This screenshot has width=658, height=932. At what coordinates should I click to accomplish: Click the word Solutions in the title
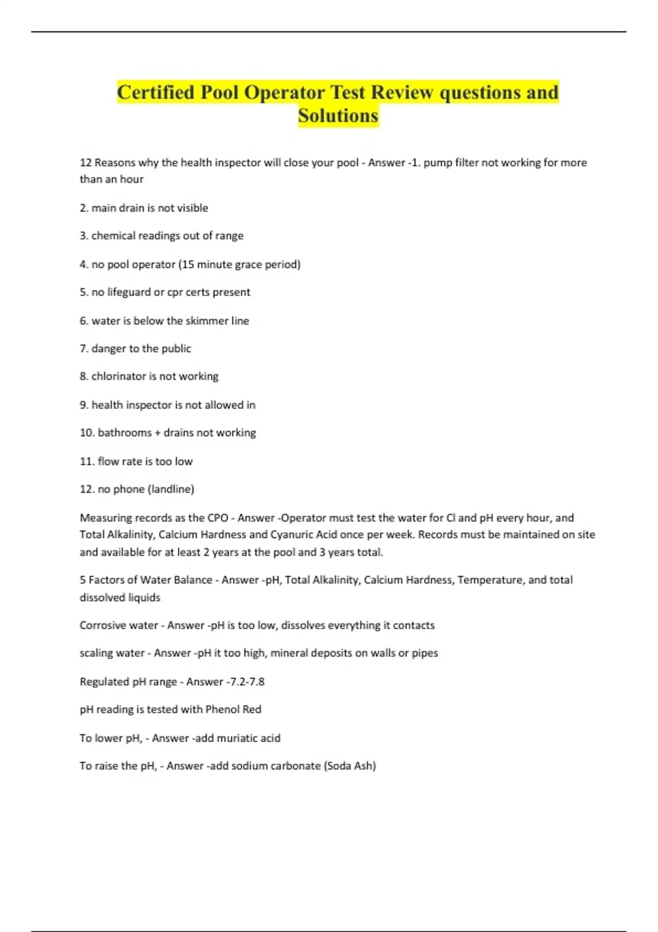point(338,116)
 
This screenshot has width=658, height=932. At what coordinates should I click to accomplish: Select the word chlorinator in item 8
point(118,376)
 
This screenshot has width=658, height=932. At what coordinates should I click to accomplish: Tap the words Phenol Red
point(233,709)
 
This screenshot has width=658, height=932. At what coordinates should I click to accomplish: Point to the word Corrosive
point(103,625)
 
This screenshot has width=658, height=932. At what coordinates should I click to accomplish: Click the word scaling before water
point(98,653)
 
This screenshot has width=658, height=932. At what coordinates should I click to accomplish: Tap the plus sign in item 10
point(158,433)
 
